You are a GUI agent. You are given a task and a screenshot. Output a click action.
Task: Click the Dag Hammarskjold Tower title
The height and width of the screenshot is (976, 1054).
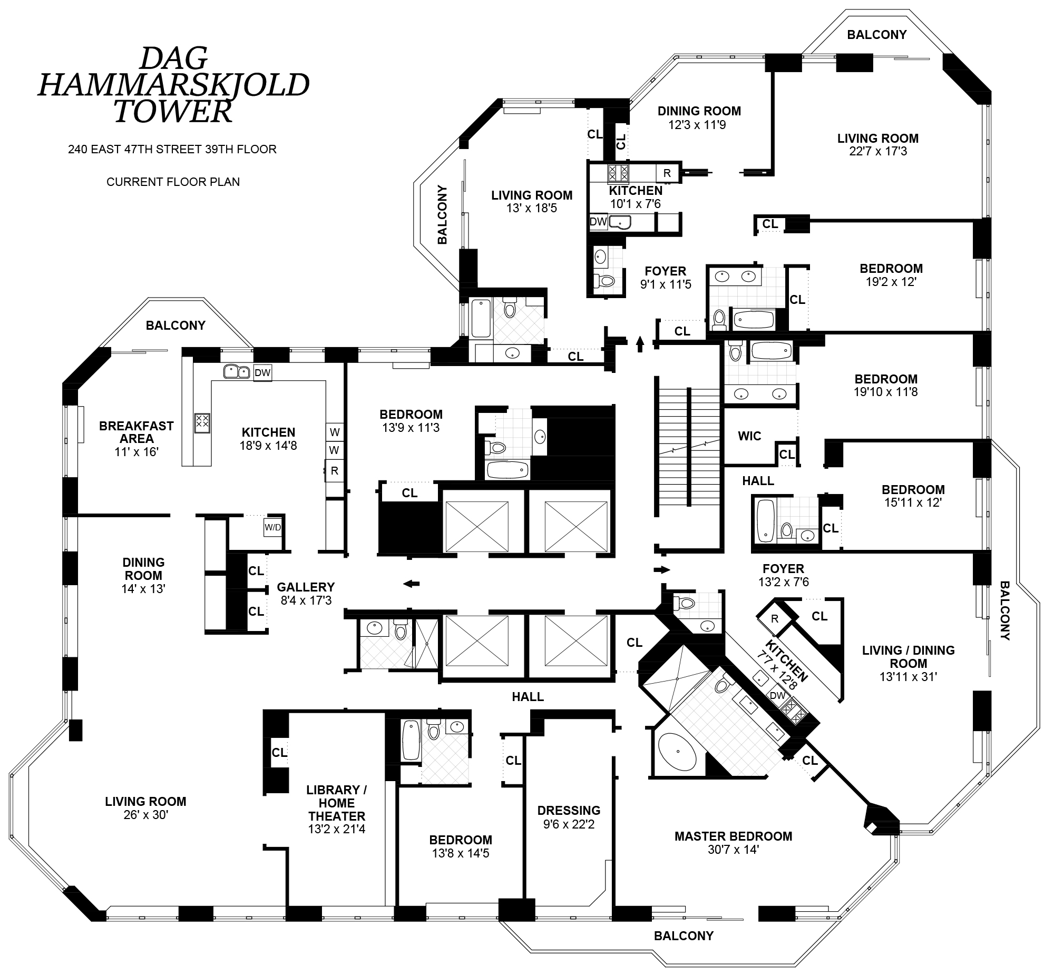coord(173,84)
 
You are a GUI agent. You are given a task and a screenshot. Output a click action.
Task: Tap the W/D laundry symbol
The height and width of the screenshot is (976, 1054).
coord(272,527)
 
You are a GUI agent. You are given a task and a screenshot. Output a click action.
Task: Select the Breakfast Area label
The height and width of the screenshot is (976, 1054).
coord(136,432)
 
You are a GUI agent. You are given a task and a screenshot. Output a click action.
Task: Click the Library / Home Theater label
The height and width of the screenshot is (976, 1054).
coord(337,803)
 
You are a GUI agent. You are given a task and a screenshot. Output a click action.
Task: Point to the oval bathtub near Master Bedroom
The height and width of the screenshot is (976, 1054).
coord(678,752)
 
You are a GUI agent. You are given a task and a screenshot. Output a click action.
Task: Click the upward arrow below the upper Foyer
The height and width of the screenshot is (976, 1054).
coord(640,344)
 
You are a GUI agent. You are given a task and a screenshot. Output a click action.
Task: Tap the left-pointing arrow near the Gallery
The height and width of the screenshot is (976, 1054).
coord(411,584)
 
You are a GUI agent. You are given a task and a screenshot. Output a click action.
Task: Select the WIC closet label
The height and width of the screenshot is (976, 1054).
coord(749,436)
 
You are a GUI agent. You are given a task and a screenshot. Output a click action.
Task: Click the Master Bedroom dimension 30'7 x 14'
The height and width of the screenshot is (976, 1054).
coord(733,850)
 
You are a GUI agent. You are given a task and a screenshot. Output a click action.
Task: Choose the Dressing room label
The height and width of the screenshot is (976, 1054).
coord(569,810)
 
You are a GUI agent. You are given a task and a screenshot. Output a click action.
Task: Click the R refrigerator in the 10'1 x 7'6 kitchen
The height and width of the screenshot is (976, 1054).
coord(667,173)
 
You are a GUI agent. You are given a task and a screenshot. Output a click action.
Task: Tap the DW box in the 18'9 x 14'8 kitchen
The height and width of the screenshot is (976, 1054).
coord(262,373)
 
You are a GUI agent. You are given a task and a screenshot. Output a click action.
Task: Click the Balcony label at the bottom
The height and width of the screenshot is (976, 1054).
coord(684,936)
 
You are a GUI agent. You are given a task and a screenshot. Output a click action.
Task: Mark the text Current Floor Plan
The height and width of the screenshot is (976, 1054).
coord(173,182)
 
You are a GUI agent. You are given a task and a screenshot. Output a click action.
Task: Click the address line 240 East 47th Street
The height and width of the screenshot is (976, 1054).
coord(172,150)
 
